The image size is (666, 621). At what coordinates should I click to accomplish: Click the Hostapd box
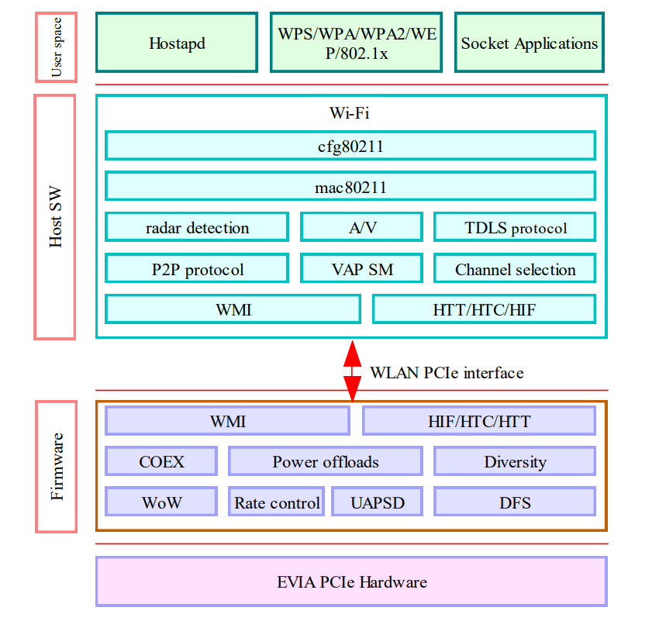(x=177, y=43)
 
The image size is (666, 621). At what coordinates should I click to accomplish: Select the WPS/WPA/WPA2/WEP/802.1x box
(x=356, y=43)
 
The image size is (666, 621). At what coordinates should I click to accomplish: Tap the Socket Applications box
(x=530, y=43)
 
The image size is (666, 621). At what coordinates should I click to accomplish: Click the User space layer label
(x=56, y=47)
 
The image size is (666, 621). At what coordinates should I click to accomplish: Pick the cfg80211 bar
(x=350, y=146)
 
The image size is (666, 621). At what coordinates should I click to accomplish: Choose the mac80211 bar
(x=350, y=187)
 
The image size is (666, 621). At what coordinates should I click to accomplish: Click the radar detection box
(x=197, y=228)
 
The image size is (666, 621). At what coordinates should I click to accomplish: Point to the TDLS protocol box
(x=515, y=228)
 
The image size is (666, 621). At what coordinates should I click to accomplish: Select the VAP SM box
(x=362, y=269)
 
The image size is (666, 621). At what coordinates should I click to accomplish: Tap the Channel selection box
(x=515, y=269)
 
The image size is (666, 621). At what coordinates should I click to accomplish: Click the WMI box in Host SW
(x=233, y=309)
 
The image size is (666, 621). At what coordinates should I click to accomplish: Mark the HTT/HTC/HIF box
(x=484, y=309)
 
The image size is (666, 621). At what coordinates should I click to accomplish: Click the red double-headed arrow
(x=353, y=371)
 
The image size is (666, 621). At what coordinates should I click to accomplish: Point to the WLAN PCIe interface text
(x=447, y=373)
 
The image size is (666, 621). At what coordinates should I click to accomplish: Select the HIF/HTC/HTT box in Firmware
(x=479, y=421)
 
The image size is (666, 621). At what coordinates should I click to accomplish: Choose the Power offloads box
(x=326, y=462)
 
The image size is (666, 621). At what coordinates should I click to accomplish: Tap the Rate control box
(x=277, y=502)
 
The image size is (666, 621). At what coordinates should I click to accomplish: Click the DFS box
(x=515, y=502)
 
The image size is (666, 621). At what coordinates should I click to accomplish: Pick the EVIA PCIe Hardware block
(x=351, y=581)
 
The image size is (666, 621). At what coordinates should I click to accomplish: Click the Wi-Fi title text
(x=350, y=113)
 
